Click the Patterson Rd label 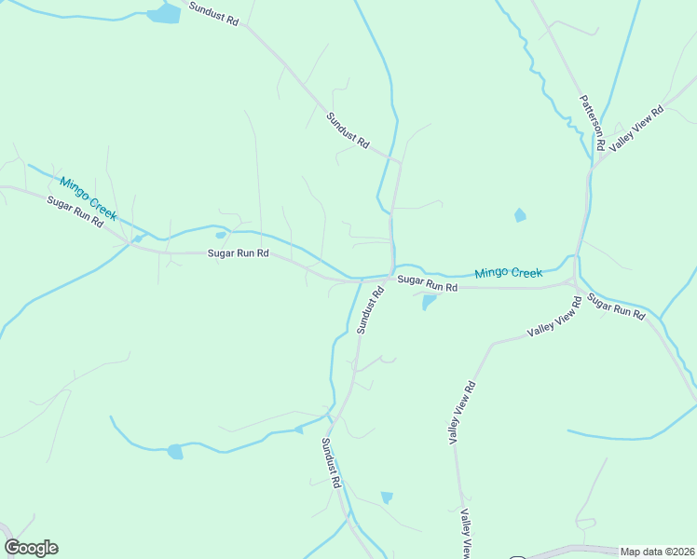(593, 123)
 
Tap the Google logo (31, 548)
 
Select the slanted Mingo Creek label (89, 198)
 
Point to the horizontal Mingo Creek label (508, 273)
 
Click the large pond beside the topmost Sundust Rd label (164, 13)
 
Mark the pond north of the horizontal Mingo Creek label (520, 215)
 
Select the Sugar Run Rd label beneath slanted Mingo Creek (74, 213)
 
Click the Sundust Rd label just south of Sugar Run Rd (369, 310)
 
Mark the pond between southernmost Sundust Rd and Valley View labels (387, 498)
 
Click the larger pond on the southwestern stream (174, 452)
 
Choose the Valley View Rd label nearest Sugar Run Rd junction (554, 325)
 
